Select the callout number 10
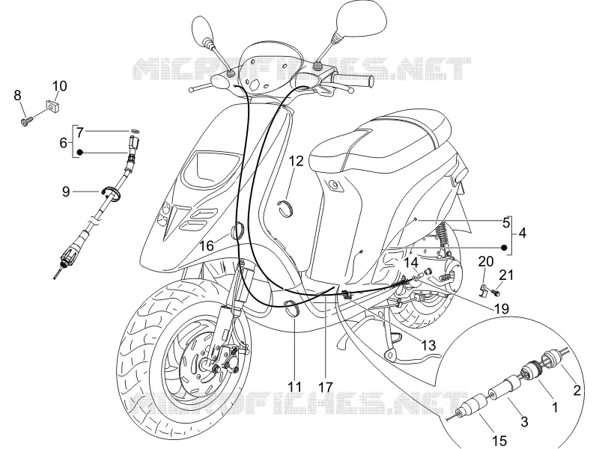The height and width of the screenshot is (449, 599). (x=59, y=86)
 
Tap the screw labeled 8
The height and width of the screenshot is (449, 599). (x=27, y=121)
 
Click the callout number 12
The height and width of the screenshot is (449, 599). (x=296, y=161)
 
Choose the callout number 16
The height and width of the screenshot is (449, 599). (x=207, y=245)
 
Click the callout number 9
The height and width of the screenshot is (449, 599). (x=66, y=192)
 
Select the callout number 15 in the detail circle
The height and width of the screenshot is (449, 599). (x=499, y=441)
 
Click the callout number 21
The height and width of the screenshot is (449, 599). (x=506, y=275)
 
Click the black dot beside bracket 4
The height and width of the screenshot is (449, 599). (x=504, y=248)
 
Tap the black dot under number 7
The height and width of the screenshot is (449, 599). (x=79, y=153)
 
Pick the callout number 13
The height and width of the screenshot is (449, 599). (x=428, y=345)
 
